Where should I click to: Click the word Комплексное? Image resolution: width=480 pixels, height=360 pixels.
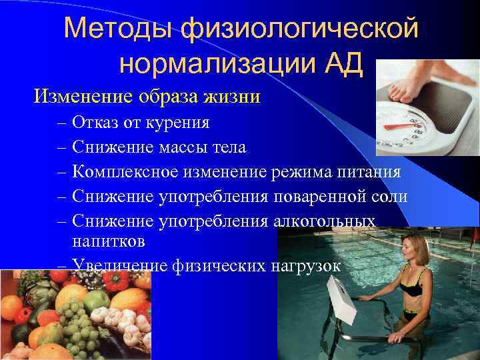[124, 173]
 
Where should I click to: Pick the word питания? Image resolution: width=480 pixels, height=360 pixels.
[369, 173]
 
